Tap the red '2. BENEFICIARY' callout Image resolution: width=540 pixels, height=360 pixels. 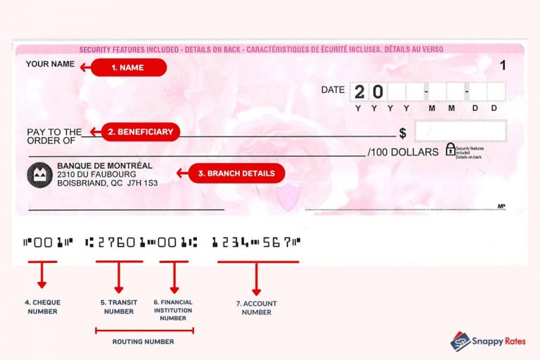(x=138, y=131)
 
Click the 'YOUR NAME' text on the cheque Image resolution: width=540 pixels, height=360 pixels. (x=50, y=65)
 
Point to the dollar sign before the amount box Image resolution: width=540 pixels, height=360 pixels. (x=403, y=132)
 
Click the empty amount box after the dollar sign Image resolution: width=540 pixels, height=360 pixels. (x=460, y=131)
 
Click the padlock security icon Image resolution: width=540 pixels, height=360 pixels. (x=450, y=149)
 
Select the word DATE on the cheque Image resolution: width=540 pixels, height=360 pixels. (x=333, y=90)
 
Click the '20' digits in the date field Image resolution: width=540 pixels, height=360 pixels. (x=368, y=92)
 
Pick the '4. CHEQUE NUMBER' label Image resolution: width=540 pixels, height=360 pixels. (x=43, y=307)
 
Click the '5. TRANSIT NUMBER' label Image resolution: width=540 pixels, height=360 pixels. (x=118, y=307)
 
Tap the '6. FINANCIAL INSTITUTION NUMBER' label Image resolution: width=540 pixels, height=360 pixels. (x=173, y=310)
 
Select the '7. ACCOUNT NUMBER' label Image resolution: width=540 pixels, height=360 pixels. (x=256, y=308)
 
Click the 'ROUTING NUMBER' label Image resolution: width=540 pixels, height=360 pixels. (x=143, y=342)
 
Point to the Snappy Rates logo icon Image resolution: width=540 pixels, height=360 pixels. (x=461, y=342)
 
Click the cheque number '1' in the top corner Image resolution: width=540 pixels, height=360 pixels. (x=502, y=65)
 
